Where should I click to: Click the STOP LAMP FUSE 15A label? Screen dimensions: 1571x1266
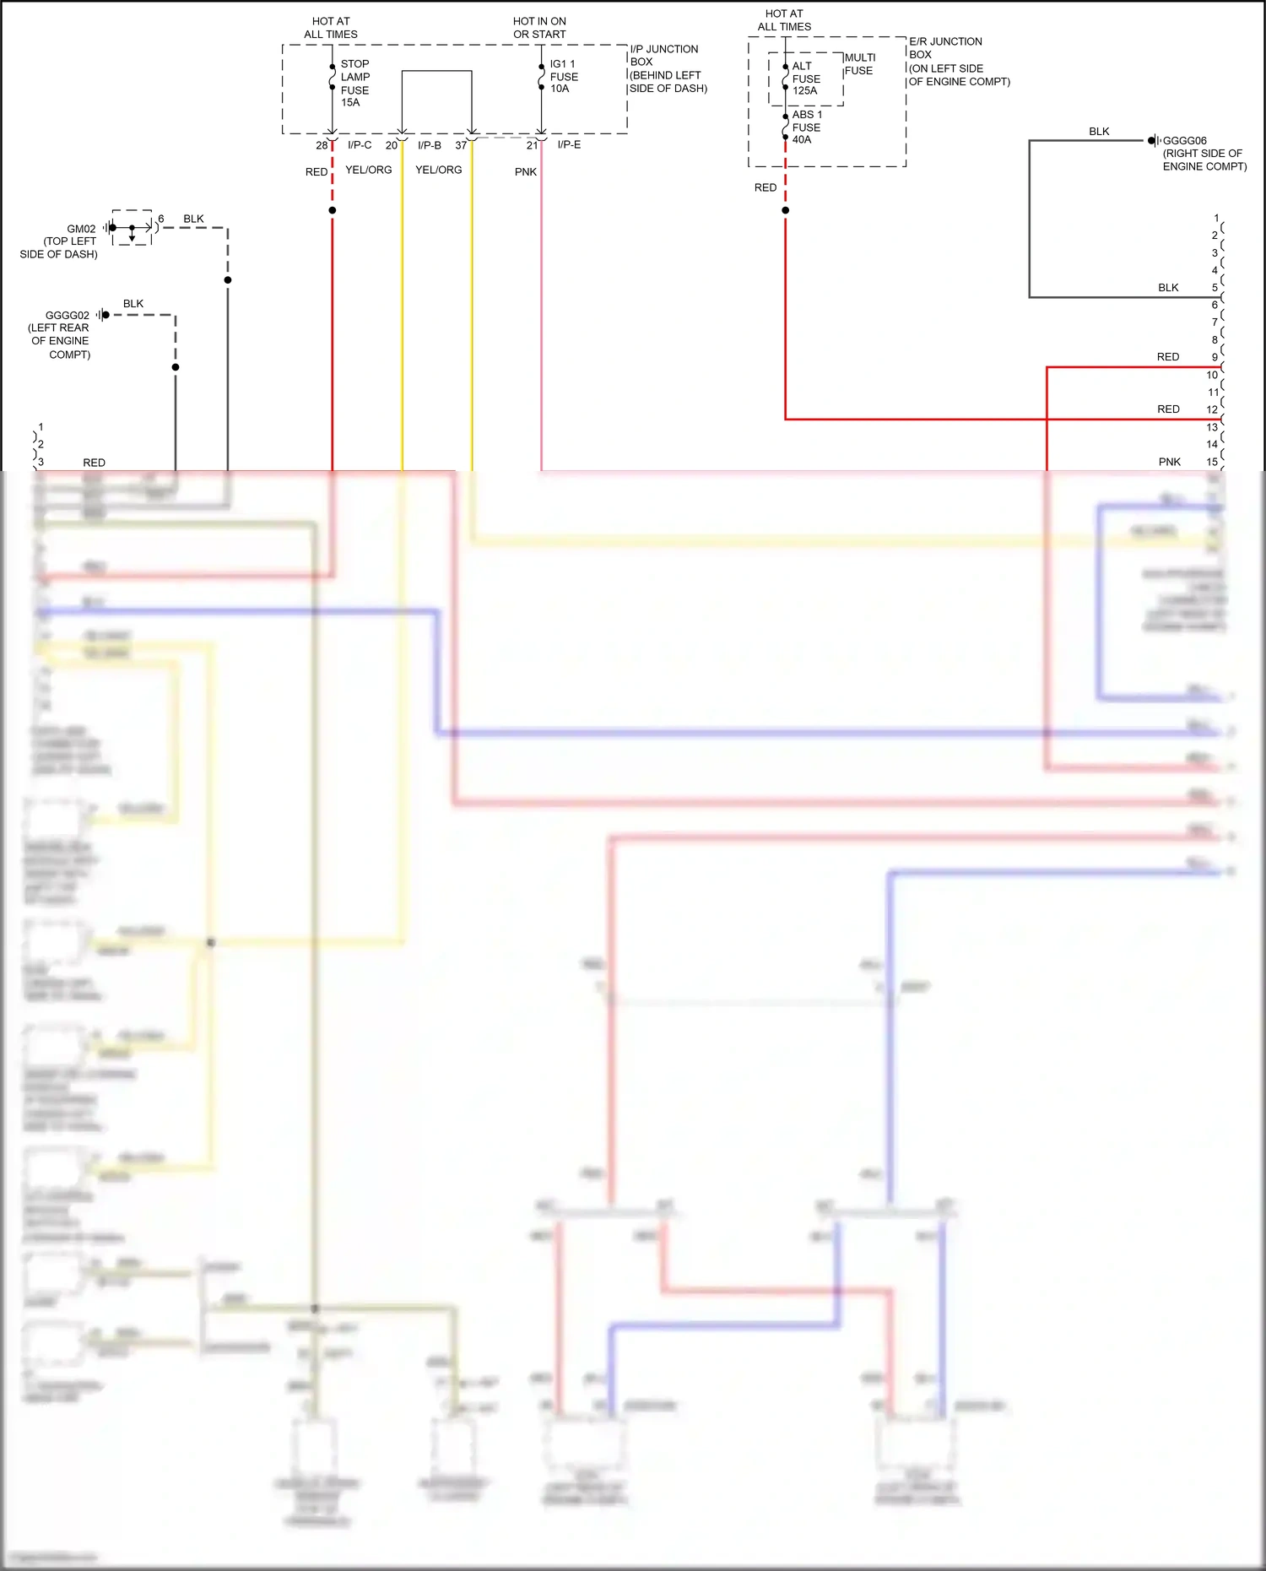(x=354, y=83)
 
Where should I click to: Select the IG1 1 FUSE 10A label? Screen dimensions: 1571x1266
(x=563, y=76)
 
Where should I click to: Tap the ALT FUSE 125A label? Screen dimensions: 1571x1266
(x=805, y=79)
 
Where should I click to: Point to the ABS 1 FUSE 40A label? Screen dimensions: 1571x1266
(x=806, y=127)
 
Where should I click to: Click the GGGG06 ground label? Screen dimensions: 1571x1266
(x=1185, y=141)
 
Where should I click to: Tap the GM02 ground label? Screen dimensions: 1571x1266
(x=81, y=229)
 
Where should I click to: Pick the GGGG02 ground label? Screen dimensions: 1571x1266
(x=67, y=316)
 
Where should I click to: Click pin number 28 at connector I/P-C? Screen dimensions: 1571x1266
(x=322, y=145)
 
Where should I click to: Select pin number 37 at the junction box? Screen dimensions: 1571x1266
(x=461, y=145)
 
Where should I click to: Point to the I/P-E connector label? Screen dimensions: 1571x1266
(x=569, y=145)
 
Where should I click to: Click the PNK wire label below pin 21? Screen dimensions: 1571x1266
(x=526, y=172)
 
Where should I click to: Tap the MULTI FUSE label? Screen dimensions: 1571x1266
(x=859, y=64)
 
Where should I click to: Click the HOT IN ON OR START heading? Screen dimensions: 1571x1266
(x=539, y=28)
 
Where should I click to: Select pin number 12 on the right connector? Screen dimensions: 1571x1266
(x=1212, y=409)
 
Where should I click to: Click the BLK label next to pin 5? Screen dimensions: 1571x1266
(x=1168, y=288)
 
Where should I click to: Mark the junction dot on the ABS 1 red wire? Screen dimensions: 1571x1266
(x=785, y=210)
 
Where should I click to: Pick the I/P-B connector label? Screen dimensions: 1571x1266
(x=430, y=145)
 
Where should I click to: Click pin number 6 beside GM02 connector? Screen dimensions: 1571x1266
(x=161, y=219)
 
